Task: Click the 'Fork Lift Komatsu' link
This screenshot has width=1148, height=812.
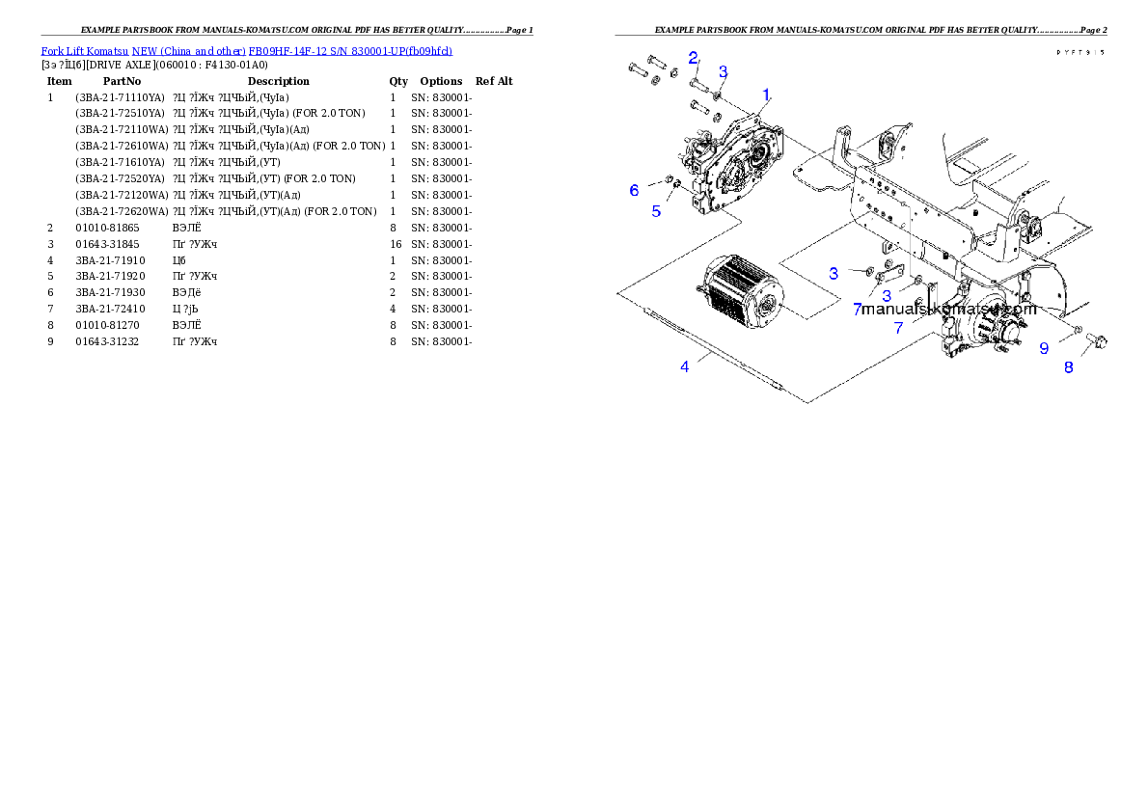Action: click(x=85, y=51)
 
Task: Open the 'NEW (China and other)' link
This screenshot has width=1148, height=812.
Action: click(x=188, y=51)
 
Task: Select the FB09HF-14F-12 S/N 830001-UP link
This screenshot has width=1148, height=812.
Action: click(x=349, y=51)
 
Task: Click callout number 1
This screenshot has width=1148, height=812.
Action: click(x=766, y=95)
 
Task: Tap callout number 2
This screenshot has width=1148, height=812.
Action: click(x=693, y=58)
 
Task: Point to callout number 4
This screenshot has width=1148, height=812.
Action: click(x=685, y=366)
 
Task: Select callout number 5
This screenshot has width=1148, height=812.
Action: click(x=656, y=210)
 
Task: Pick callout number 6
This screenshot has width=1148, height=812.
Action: click(x=634, y=190)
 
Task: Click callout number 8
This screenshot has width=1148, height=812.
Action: click(x=1068, y=366)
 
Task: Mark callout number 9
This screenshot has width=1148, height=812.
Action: click(x=1044, y=348)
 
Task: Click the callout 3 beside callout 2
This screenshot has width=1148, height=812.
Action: click(x=723, y=71)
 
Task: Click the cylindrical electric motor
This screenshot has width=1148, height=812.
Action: click(x=738, y=290)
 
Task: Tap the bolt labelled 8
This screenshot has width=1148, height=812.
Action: click(x=1097, y=340)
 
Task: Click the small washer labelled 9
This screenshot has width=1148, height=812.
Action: click(x=1077, y=331)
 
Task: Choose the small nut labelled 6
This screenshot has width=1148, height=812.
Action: click(x=666, y=179)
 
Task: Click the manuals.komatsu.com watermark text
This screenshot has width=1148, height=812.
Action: click(x=948, y=311)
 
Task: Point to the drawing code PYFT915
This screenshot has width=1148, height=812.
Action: click(x=1080, y=53)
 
